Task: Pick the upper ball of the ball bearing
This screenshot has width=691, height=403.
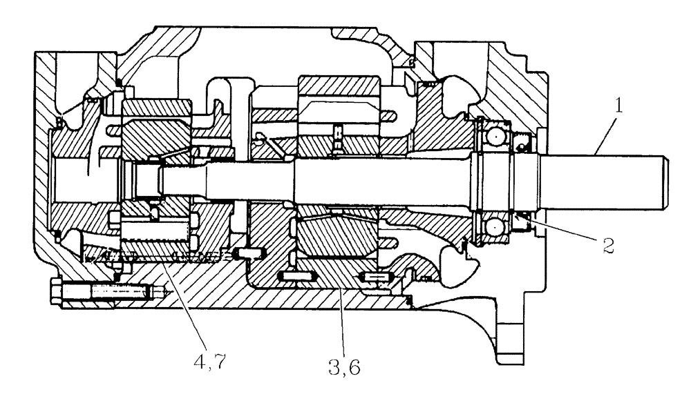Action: point(495,137)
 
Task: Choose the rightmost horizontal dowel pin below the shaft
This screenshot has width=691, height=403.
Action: point(375,277)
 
